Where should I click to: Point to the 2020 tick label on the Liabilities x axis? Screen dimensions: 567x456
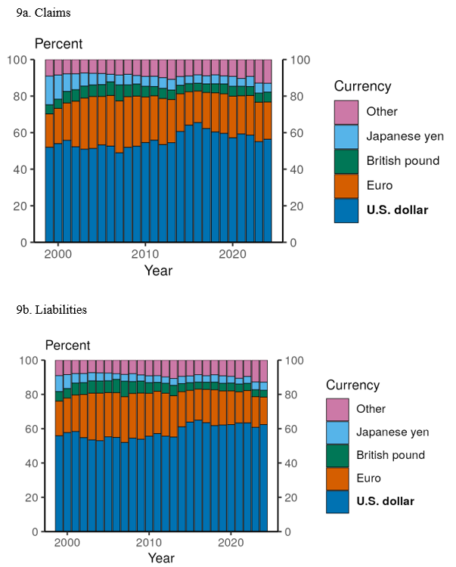[x=230, y=544]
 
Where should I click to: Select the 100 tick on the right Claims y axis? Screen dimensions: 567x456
[x=300, y=60]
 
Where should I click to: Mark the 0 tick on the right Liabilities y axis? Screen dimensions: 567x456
[x=290, y=532]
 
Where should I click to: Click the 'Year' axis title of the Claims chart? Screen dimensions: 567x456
[x=158, y=271]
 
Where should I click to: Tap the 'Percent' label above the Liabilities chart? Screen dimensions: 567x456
[x=67, y=345]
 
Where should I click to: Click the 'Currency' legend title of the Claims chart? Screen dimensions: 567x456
[x=362, y=86]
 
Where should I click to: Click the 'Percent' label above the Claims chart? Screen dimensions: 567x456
[x=58, y=44]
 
